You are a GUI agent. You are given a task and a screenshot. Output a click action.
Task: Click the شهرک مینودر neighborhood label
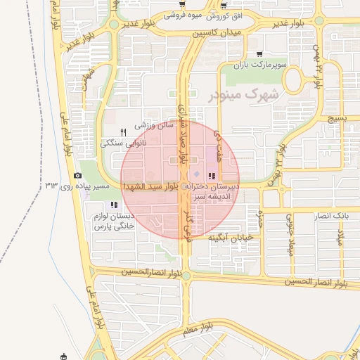click(x=244, y=94)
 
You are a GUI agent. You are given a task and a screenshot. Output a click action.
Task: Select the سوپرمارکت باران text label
click(x=261, y=65)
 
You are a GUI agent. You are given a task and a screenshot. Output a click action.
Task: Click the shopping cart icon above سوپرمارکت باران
click(x=259, y=53)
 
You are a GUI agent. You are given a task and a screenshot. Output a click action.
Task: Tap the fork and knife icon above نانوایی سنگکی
click(x=124, y=131)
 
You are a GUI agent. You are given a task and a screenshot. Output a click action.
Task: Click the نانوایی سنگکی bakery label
click(x=122, y=143)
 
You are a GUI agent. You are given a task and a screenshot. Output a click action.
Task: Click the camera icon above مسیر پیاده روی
click(x=77, y=176)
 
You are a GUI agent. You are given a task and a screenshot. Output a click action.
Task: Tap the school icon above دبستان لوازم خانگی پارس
click(x=114, y=204)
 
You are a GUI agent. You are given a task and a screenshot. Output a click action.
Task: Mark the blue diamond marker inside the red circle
click(x=197, y=174)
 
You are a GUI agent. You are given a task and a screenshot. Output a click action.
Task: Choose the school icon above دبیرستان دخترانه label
click(x=212, y=175)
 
